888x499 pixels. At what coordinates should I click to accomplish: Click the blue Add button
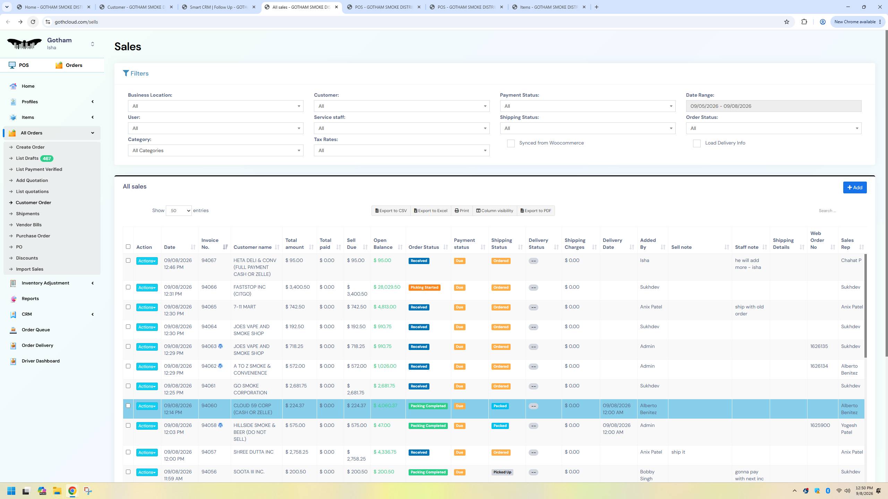point(855,187)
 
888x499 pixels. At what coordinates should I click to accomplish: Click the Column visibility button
point(494,211)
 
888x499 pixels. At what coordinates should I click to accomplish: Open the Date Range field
point(773,106)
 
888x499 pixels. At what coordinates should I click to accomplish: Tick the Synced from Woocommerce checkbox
point(511,143)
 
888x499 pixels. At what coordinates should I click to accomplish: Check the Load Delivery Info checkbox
point(697,143)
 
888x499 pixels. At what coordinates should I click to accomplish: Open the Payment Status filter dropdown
point(587,106)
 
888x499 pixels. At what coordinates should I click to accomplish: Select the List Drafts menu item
point(27,158)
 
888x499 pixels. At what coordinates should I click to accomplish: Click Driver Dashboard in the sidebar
point(41,361)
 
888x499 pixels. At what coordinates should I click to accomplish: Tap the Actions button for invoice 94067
point(147,261)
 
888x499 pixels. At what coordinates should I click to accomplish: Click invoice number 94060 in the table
point(209,406)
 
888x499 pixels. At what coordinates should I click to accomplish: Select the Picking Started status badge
point(424,288)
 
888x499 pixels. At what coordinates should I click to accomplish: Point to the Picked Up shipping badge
point(502,472)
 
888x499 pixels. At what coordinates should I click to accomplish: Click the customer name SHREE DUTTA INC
point(253,452)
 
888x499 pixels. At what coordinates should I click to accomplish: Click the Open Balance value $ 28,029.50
point(387,287)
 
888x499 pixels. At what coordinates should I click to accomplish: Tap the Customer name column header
point(253,247)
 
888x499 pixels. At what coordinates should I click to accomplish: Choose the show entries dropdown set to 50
point(179,211)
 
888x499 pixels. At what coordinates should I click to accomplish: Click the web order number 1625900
point(820,426)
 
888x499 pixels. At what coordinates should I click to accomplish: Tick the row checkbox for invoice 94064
point(128,327)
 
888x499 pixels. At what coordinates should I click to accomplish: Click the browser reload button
point(33,22)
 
